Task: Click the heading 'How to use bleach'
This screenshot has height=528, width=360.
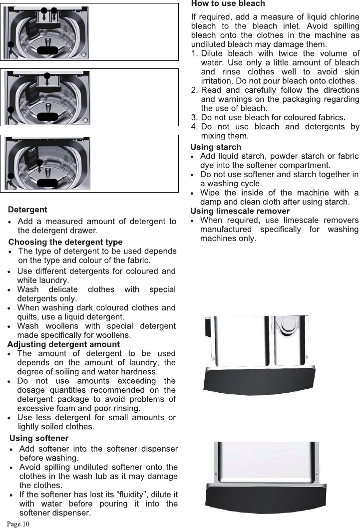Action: pyautogui.click(x=228, y=4)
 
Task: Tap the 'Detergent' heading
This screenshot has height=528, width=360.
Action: pyautogui.click(x=27, y=209)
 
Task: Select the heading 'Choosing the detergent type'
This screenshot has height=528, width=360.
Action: pyautogui.click(x=65, y=242)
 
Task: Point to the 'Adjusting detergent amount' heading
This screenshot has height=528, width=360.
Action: pyautogui.click(x=63, y=344)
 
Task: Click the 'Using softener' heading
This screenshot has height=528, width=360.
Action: pyautogui.click(x=39, y=439)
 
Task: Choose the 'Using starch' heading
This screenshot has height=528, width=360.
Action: pyautogui.click(x=216, y=147)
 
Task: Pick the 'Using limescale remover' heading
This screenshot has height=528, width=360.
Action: pyautogui.click(x=240, y=211)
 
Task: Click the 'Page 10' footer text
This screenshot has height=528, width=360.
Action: pyautogui.click(x=18, y=524)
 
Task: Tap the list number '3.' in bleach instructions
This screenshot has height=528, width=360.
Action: pyautogui.click(x=195, y=117)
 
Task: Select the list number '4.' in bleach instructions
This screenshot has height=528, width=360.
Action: pyautogui.click(x=195, y=127)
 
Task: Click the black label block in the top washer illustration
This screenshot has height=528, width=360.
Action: pyautogui.click(x=48, y=49)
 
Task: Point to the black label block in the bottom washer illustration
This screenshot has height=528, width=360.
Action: pyautogui.click(x=48, y=182)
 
